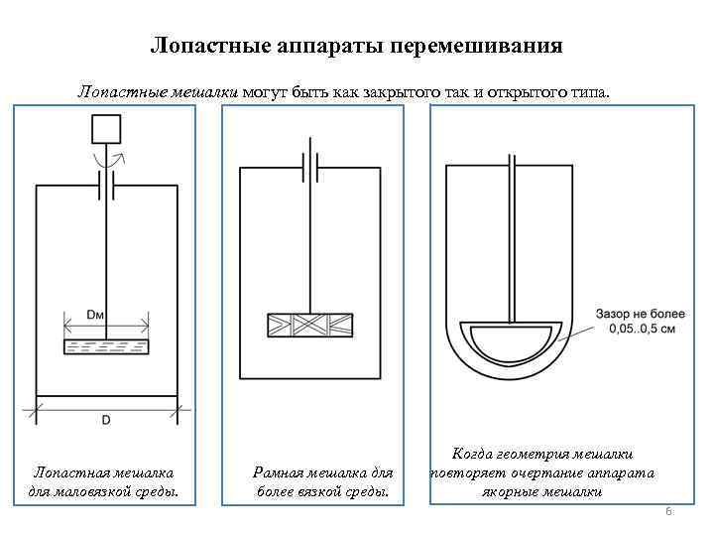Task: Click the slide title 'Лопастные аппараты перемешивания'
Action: (x=356, y=46)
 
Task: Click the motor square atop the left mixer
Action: (x=105, y=130)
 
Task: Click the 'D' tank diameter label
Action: (x=106, y=421)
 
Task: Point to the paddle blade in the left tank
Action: (x=106, y=346)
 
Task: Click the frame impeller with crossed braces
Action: (x=310, y=324)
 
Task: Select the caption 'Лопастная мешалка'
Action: (x=104, y=473)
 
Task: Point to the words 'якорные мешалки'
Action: (x=542, y=490)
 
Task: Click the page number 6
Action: (x=668, y=511)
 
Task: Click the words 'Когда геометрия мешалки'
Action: (x=542, y=453)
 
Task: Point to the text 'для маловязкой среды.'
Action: (x=104, y=490)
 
